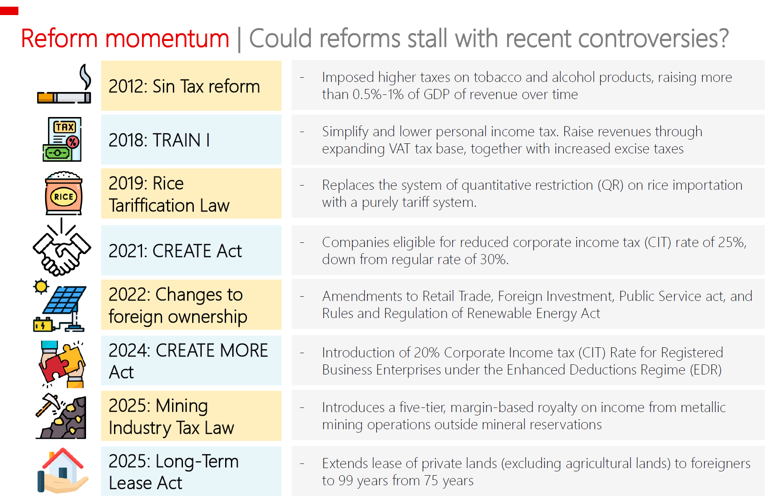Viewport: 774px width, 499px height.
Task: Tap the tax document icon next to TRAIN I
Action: [62, 139]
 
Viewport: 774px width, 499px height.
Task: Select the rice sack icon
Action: [63, 193]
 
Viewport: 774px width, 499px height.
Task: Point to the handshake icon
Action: [62, 247]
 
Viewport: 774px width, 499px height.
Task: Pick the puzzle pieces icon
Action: [62, 364]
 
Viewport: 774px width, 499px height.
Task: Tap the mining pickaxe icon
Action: [61, 416]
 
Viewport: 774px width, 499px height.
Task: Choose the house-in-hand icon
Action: [63, 471]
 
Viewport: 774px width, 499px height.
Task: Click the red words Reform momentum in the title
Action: [125, 38]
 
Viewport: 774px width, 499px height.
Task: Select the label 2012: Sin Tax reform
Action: [184, 87]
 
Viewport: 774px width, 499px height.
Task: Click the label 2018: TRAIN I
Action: [159, 140]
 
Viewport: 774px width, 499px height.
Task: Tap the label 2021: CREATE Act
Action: [175, 251]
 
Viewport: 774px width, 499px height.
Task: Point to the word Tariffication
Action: [152, 206]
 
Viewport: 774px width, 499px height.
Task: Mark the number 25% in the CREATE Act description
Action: [732, 242]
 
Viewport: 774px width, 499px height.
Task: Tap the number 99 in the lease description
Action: [346, 481]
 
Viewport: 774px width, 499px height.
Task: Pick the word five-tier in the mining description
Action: [422, 407]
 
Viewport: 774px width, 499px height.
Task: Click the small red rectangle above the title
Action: [9, 11]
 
